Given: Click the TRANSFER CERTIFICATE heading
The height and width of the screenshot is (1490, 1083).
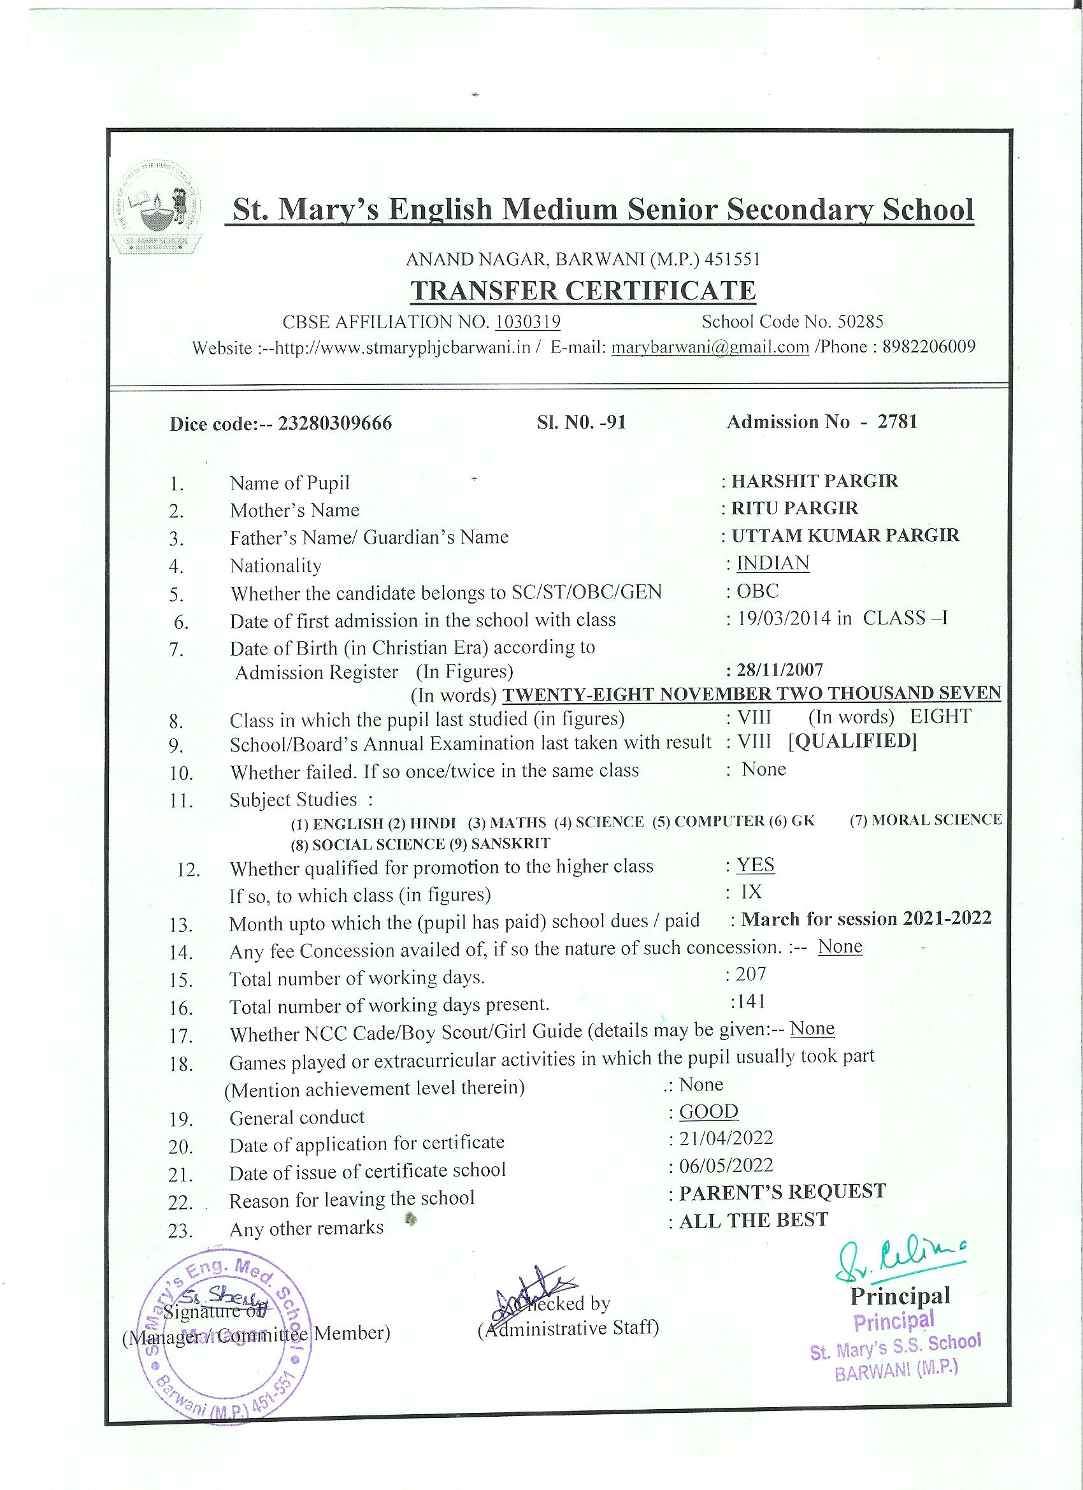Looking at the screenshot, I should (583, 291).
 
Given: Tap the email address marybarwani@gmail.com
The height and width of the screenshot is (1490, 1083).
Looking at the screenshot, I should (710, 347).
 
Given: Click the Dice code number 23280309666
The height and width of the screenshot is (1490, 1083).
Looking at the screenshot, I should (335, 423).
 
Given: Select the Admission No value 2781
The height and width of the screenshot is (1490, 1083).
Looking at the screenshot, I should (897, 422).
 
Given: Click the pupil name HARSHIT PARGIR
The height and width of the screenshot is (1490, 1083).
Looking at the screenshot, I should (814, 481).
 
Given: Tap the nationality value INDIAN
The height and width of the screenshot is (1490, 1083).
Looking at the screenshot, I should (773, 563).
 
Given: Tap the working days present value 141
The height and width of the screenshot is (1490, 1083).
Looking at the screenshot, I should (750, 1001).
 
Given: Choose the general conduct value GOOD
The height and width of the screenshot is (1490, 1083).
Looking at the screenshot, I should (708, 1111).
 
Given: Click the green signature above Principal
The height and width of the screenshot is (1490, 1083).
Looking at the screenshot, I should (900, 1260).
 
